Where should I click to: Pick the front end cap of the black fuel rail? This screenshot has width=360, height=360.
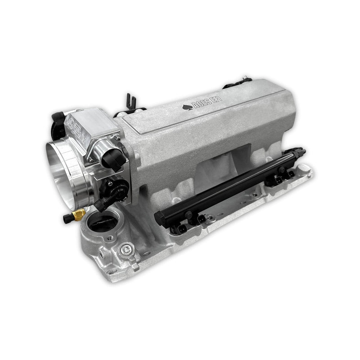coord(159,219)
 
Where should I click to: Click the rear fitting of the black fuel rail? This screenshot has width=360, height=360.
coord(300,153)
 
